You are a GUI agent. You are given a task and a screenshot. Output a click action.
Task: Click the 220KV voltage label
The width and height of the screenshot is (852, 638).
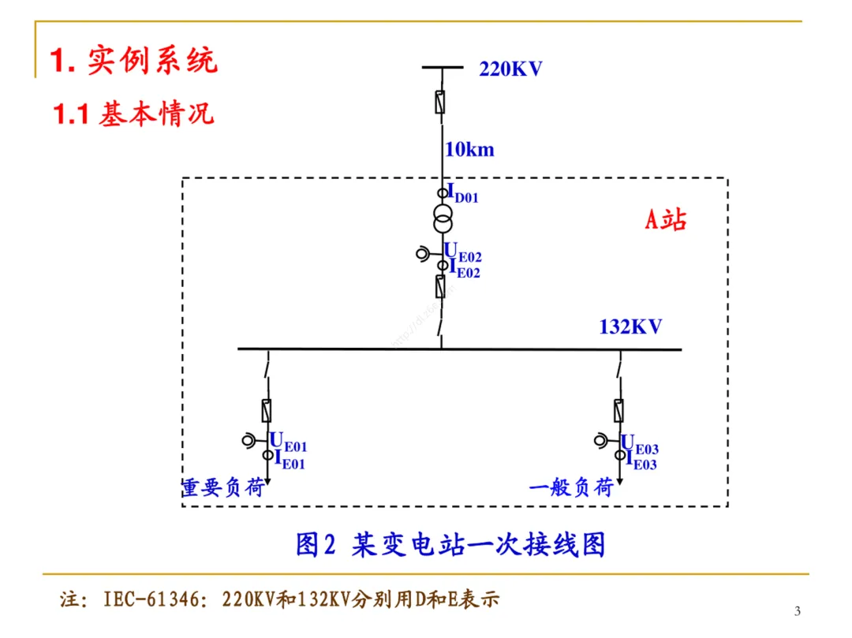(510, 69)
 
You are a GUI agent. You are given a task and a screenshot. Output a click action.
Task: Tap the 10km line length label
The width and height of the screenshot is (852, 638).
(469, 149)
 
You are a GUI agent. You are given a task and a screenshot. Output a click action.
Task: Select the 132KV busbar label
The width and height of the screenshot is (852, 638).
(630, 326)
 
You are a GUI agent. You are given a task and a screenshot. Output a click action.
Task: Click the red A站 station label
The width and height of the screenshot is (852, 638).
(666, 219)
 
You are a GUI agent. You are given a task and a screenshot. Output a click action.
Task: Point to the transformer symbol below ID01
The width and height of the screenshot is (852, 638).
(442, 219)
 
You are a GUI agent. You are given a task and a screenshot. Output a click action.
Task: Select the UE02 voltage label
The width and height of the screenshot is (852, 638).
(464, 253)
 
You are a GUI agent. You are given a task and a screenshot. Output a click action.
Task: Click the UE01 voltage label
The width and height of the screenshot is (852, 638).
(289, 444)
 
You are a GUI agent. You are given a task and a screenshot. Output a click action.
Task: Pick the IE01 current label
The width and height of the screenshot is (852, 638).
(289, 461)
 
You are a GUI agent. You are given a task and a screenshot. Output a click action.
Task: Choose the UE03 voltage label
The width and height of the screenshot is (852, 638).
(640, 446)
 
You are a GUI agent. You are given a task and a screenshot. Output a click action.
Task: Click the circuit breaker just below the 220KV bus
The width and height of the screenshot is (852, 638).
(441, 103)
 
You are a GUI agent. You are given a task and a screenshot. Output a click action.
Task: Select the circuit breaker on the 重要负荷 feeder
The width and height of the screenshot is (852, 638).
(268, 410)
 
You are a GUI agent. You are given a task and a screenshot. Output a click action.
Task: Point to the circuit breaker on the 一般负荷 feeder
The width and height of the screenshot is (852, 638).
(619, 410)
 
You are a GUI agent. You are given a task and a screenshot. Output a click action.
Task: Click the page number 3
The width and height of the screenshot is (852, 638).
(797, 611)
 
